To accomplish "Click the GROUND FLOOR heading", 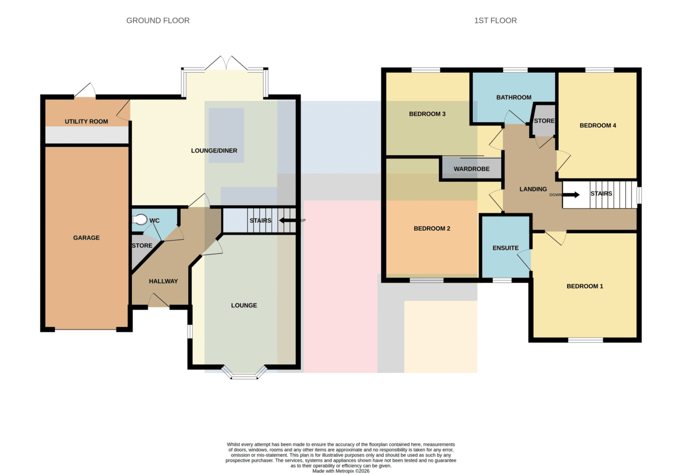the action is coord(158,20).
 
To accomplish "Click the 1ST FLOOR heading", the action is coord(496,20).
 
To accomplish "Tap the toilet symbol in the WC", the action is coord(140,219).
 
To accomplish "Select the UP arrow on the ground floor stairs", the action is coord(288,220).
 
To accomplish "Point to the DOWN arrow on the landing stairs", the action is coord(571,195).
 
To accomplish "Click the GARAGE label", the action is coord(86,238).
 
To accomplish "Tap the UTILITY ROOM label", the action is coord(86,122).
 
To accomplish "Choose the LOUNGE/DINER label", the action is coord(214,151).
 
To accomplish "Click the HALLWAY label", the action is coord(163,281).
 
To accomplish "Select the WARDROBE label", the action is coord(472,169).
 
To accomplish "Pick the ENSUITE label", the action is coord(505,248).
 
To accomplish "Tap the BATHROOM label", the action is coord(514,97).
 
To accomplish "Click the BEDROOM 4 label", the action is coord(598,126).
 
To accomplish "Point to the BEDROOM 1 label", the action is coord(585,286).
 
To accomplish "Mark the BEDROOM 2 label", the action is coord(432,228).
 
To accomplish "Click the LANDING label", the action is coord(533,189).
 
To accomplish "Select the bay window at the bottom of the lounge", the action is coord(244,374).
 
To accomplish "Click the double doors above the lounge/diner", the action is coord(226,63).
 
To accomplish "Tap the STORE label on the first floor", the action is coord(544,121).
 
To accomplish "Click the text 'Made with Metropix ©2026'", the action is coord(340,471).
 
